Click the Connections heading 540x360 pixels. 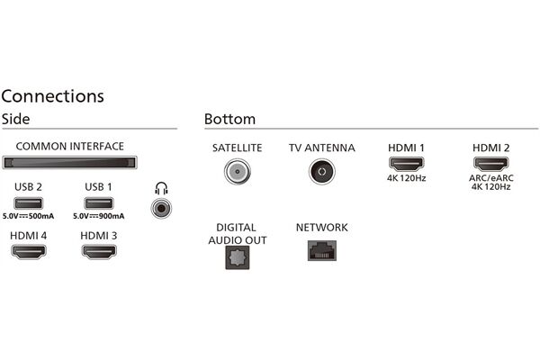[52, 95]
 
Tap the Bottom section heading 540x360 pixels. [229, 119]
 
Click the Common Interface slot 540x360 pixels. [70, 163]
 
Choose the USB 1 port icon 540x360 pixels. [99, 202]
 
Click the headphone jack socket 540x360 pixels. [162, 207]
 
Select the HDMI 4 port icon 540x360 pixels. [29, 252]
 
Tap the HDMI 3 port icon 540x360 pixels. [99, 252]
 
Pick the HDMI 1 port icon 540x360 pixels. [405, 165]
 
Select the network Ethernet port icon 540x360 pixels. [321, 251]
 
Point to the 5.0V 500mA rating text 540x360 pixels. [29, 217]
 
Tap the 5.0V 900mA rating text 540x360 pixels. [99, 217]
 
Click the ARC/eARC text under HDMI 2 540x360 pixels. [490, 177]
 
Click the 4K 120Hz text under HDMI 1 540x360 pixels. [405, 177]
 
